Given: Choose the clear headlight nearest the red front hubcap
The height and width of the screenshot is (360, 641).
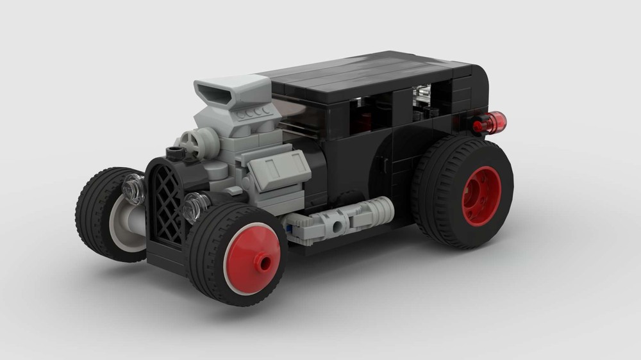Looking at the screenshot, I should (x=194, y=206).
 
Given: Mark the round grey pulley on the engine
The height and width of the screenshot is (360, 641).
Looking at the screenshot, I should (x=190, y=142).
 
